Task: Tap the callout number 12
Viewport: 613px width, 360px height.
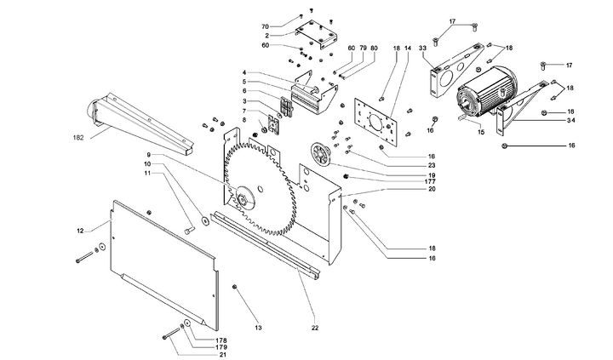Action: pyautogui.click(x=81, y=231)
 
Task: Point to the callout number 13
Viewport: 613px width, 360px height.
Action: pyautogui.click(x=257, y=328)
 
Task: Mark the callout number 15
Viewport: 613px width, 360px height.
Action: pyautogui.click(x=480, y=132)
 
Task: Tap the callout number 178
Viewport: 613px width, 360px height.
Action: pyautogui.click(x=221, y=340)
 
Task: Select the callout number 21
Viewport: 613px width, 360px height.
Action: pyautogui.click(x=221, y=355)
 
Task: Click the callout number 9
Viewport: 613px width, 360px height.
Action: pyautogui.click(x=148, y=155)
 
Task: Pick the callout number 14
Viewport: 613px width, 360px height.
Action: pyautogui.click(x=407, y=49)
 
